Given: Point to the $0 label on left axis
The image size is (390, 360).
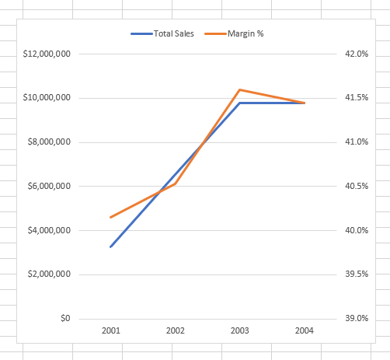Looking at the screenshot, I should coord(65,319).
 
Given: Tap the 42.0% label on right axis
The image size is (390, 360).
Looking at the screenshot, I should coord(355,54).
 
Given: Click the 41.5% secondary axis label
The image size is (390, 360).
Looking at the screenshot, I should coord(355,98).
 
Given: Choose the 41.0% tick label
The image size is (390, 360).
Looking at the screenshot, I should coord(355,142).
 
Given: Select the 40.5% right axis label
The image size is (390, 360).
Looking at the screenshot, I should coord(355,187).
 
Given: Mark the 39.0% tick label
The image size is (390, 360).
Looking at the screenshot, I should coord(355,319).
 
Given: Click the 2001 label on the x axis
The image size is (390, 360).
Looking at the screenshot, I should coord(111,331).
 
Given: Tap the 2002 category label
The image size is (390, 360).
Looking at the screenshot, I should coord(176,331).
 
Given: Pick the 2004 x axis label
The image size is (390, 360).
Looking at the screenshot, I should coord(305,331).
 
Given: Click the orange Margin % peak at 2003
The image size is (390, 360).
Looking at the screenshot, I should coord(240,89).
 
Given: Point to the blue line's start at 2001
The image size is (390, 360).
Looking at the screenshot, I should coord(111,246).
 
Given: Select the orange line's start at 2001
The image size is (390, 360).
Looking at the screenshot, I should coord(111,217).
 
